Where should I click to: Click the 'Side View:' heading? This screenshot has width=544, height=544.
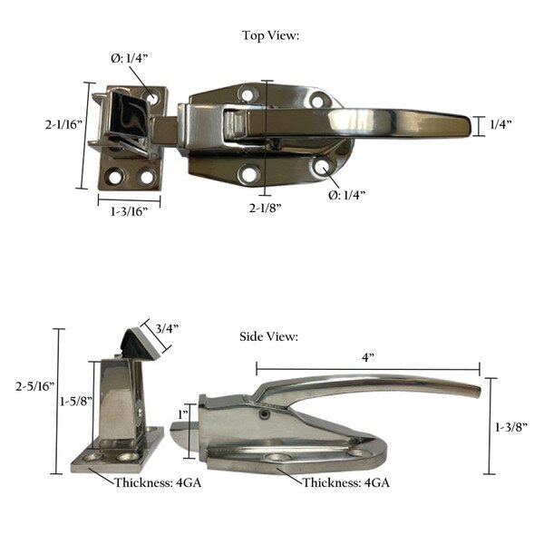click(x=269, y=336)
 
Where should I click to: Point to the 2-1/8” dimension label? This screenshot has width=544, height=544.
click(x=266, y=208)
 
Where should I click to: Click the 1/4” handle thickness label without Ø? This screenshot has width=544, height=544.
click(x=500, y=123)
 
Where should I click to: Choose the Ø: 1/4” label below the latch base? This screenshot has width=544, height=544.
click(x=347, y=194)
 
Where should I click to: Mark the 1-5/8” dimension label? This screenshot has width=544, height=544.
click(x=72, y=400)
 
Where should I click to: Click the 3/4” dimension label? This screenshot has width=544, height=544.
click(x=167, y=328)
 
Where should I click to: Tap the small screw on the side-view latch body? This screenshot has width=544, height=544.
click(x=263, y=414)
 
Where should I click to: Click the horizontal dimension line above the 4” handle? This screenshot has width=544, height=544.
click(x=367, y=369)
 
